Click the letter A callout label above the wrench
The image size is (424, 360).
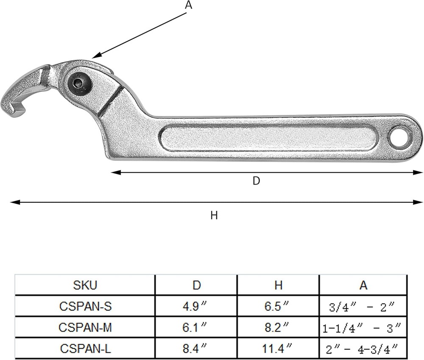tap(188, 6)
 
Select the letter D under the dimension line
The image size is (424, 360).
tap(256, 181)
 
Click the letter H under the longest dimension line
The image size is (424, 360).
tap(214, 215)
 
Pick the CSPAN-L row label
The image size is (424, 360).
tap(85, 349)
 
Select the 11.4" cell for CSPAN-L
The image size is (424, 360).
tap(278, 349)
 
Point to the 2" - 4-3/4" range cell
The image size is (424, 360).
tap(363, 349)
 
